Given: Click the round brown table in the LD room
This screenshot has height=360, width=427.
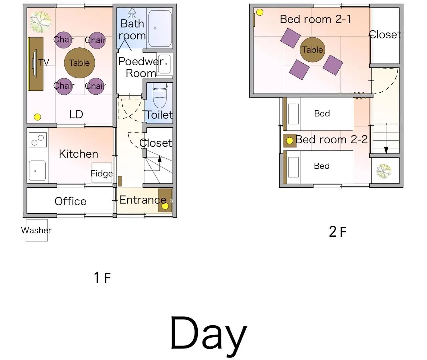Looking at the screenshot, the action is [x=79, y=63].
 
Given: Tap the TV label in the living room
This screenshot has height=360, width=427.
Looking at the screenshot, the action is [x=44, y=63].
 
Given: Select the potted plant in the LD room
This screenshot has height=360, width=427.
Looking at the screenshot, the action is [x=40, y=22].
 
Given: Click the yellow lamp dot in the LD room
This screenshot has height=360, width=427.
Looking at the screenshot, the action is [x=37, y=117].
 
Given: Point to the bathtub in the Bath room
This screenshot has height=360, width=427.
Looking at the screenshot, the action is [x=160, y=28].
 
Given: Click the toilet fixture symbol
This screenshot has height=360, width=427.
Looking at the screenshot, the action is [x=159, y=95].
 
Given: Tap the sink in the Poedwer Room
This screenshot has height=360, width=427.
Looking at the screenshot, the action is [x=164, y=64].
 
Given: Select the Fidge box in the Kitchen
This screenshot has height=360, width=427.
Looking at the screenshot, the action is [x=102, y=173].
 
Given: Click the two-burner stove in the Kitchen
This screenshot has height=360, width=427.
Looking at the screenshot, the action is [x=38, y=140].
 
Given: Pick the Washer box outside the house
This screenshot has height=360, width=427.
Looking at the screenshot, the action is [x=37, y=230].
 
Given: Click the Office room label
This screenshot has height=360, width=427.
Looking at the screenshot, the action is [x=70, y=201].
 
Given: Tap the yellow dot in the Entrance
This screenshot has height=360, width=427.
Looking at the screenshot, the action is [x=165, y=206].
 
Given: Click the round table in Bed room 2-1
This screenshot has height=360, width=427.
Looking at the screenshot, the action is [x=312, y=50].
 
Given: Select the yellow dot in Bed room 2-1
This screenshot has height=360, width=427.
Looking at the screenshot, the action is [x=260, y=12].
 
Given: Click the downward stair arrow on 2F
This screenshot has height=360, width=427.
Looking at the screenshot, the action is [x=386, y=139].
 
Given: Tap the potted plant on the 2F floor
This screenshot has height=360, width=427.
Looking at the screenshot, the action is [x=384, y=171].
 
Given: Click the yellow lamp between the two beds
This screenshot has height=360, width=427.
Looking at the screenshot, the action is [x=289, y=141].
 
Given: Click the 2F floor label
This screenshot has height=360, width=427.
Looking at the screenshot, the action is [x=338, y=232].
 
